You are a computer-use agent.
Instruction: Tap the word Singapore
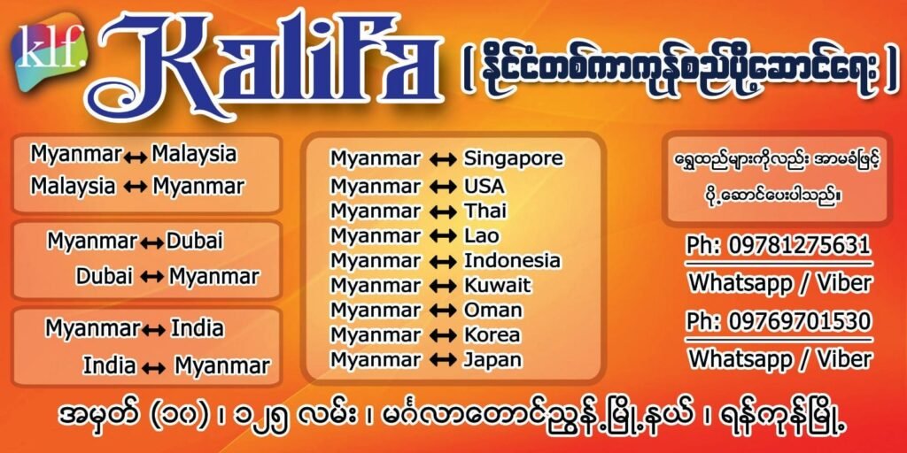[x=513, y=159]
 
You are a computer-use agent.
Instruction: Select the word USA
[x=485, y=186]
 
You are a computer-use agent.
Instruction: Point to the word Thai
[x=485, y=211]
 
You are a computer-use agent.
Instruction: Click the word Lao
[x=481, y=235]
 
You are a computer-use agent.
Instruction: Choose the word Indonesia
[x=512, y=261]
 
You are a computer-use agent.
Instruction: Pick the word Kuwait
[x=497, y=286]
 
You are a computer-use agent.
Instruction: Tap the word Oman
[x=492, y=311]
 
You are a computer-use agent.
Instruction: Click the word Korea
[x=492, y=335]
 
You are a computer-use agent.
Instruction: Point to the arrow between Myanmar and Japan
[x=443, y=361]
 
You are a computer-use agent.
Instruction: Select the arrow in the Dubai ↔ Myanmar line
[x=151, y=278]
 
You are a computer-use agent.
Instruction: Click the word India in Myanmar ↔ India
[x=197, y=329]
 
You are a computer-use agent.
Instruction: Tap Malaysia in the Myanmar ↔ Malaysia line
[x=194, y=155]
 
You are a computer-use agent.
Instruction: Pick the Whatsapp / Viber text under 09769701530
[x=779, y=359]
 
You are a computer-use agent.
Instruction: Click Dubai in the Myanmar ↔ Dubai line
[x=194, y=241]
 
